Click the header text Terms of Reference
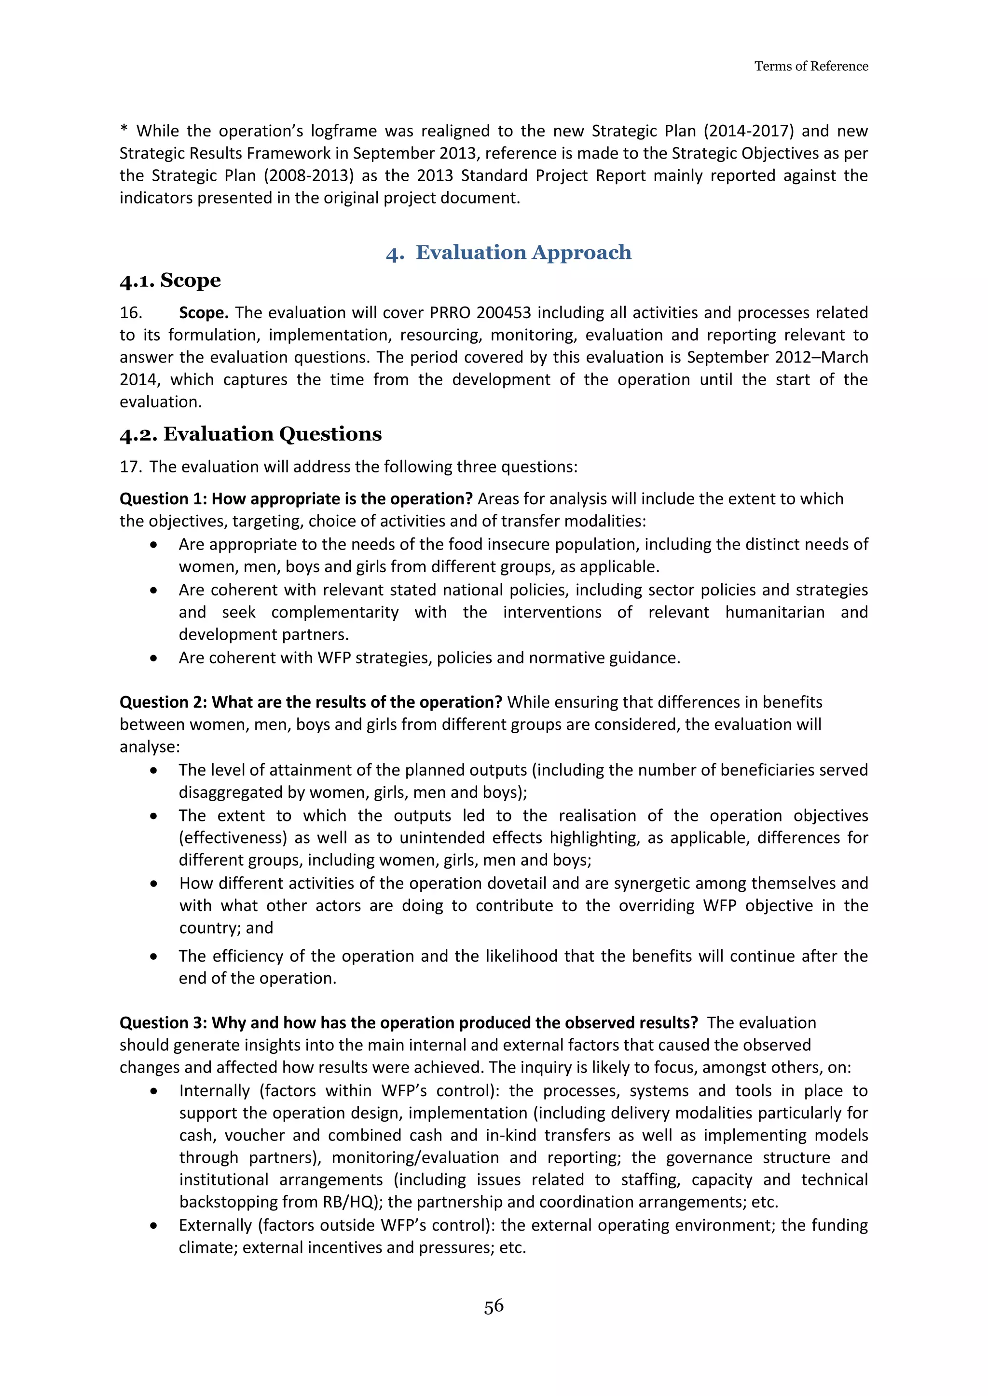(810, 66)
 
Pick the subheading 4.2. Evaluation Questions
(251, 434)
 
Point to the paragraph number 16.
(131, 312)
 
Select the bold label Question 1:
(163, 498)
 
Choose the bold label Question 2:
(163, 702)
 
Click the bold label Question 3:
(163, 1023)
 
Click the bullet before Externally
(154, 1226)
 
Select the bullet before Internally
(154, 1091)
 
